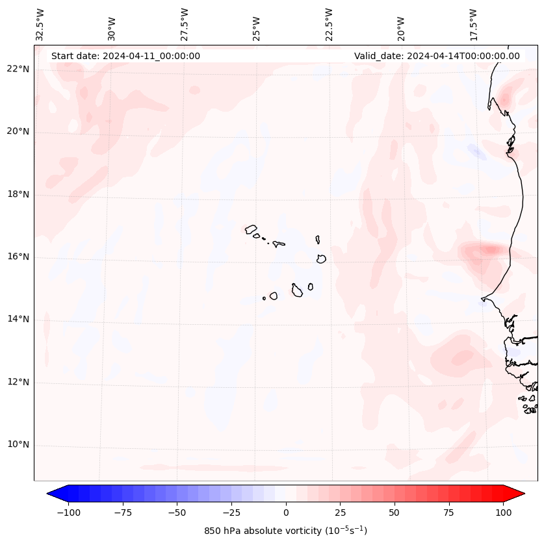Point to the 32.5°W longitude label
click(40, 24)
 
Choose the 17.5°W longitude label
click(473, 24)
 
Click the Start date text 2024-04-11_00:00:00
click(125, 56)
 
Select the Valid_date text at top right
click(437, 56)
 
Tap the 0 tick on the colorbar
click(286, 513)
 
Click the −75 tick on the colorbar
click(123, 513)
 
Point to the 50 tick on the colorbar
click(395, 513)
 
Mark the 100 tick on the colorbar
click(503, 513)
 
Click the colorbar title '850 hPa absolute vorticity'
click(286, 531)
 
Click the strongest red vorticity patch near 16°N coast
click(489, 249)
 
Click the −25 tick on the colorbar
click(231, 513)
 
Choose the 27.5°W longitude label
click(185, 24)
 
